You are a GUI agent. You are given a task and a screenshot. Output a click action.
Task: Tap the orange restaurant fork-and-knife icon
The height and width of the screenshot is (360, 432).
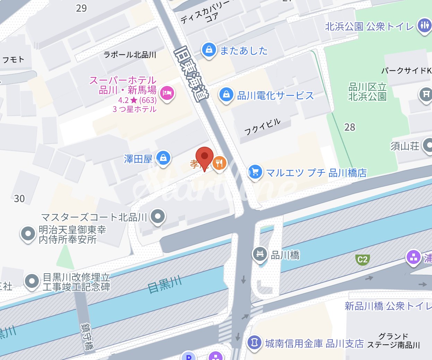[x=219, y=162]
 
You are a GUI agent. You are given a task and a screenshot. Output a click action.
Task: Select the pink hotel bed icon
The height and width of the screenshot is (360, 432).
[x=167, y=93]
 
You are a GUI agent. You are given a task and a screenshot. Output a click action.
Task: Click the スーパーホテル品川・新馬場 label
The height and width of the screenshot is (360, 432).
[x=123, y=85]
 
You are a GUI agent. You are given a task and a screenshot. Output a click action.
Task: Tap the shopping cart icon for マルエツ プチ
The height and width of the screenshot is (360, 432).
[x=255, y=172]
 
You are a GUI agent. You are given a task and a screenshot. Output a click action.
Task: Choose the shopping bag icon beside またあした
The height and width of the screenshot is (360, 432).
[x=209, y=50]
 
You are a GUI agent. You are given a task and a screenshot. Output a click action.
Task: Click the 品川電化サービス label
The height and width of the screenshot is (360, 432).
[x=275, y=95]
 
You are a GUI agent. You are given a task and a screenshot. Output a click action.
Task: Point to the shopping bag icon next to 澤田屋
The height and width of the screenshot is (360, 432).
[x=163, y=158]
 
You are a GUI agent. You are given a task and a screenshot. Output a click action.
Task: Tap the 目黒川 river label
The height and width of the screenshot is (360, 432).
[x=165, y=284]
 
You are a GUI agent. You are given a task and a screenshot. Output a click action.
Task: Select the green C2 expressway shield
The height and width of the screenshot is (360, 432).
[x=362, y=259]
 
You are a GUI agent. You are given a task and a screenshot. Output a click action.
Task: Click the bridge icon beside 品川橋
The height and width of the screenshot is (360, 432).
[x=260, y=254]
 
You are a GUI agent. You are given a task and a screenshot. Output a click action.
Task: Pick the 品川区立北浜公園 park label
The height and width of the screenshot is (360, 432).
[x=367, y=92]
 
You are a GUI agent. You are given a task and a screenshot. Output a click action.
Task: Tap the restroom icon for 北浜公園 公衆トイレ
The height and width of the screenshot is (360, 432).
[x=424, y=25]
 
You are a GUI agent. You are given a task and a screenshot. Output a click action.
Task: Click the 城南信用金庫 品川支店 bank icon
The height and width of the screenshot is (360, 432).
[x=254, y=343]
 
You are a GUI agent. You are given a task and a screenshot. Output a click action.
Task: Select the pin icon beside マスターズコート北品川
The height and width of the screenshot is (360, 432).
[x=158, y=216]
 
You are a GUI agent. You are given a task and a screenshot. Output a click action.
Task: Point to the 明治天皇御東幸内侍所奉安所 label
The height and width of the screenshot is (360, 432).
[x=72, y=234]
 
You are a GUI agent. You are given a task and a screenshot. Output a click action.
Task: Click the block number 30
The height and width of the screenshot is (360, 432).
[x=19, y=199]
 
